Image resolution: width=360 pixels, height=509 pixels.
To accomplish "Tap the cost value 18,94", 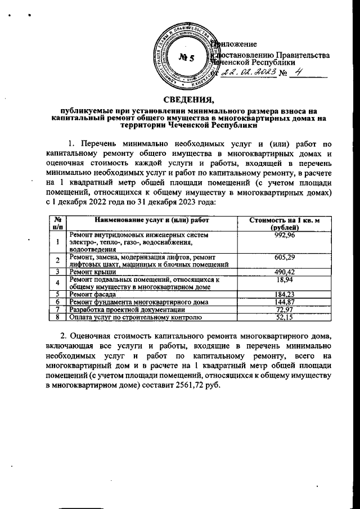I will click(x=284, y=279).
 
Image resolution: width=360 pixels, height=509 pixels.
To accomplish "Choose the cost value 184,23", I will click(x=284, y=294).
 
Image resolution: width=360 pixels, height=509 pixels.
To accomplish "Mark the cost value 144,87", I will click(x=284, y=302).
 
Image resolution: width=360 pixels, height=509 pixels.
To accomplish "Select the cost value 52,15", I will click(x=284, y=317).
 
